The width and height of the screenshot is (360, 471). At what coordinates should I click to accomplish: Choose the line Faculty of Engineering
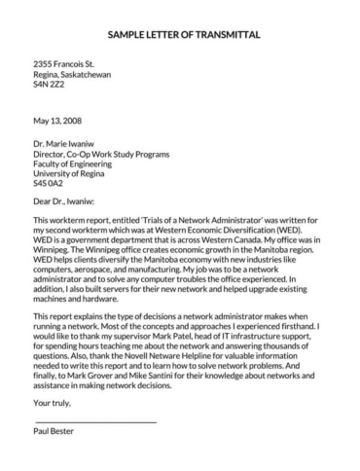click(x=76, y=166)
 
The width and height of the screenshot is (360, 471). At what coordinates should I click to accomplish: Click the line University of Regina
click(x=70, y=176)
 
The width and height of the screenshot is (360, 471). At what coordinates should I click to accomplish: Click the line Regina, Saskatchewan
click(x=73, y=75)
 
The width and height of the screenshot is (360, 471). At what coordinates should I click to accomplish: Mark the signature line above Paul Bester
click(x=94, y=421)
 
